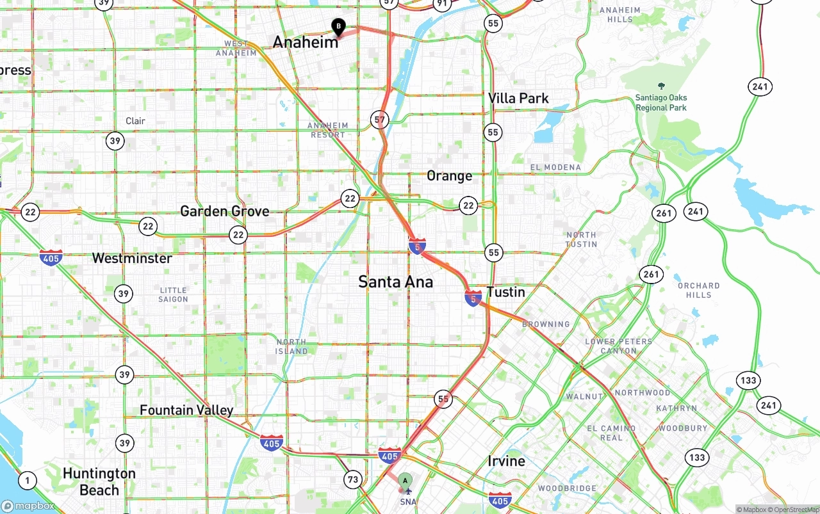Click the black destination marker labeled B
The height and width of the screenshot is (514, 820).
click(x=338, y=27)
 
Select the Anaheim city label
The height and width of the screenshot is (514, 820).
click(x=306, y=42)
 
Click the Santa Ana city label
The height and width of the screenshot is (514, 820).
click(x=395, y=282)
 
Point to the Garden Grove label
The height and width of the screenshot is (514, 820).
click(x=224, y=211)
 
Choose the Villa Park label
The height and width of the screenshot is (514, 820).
click(x=518, y=99)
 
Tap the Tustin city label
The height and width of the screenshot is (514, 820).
click(x=505, y=292)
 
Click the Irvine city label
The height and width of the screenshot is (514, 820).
click(x=506, y=461)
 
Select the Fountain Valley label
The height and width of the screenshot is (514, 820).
click(x=186, y=410)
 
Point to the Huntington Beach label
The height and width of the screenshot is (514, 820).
click(x=99, y=481)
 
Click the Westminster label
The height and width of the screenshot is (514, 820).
click(x=132, y=259)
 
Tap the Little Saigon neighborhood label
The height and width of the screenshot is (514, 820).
click(x=173, y=294)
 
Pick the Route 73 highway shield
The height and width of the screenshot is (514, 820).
click(x=353, y=479)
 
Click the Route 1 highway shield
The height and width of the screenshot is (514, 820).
click(x=27, y=479)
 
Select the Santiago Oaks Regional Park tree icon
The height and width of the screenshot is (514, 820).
click(x=661, y=86)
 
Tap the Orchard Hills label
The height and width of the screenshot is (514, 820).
click(x=698, y=290)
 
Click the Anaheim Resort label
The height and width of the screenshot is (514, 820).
click(x=328, y=130)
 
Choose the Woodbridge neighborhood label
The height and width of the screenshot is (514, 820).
click(x=567, y=488)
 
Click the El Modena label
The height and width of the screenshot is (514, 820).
click(x=555, y=168)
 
